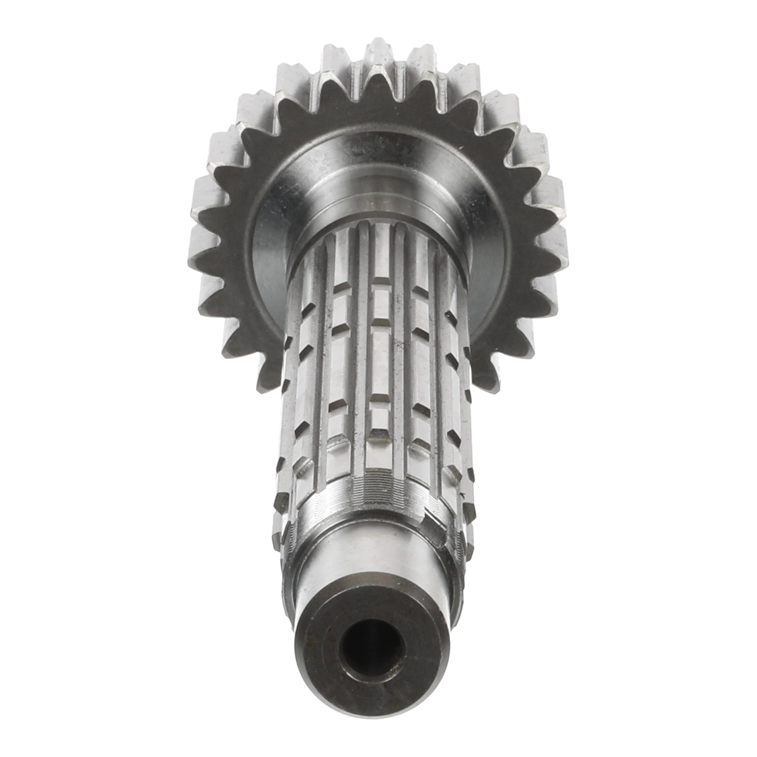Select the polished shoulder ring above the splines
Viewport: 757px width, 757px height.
click(376, 204)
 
